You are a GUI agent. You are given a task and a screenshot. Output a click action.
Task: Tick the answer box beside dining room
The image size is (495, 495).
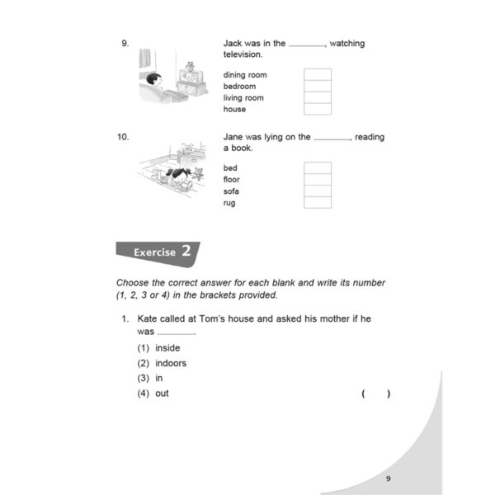coord(318,74)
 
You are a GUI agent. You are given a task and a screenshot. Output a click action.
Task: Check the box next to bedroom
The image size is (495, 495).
coord(318,86)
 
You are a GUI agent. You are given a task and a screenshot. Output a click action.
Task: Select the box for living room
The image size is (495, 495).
coord(318,97)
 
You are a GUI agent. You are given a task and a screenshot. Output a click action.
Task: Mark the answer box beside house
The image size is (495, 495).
coord(318,109)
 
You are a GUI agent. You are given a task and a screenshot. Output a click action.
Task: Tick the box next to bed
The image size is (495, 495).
coord(318,168)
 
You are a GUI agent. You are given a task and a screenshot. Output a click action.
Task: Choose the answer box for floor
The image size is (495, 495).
coord(318,180)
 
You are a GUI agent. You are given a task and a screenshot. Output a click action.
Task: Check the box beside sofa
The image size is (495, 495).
coord(318,191)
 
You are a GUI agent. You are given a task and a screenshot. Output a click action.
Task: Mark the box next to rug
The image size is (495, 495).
coord(318,203)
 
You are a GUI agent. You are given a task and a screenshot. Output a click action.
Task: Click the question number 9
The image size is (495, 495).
coord(124,44)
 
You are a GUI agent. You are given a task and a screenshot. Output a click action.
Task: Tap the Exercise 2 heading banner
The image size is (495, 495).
coord(156,252)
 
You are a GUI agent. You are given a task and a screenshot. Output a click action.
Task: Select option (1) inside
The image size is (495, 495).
coord(158,348)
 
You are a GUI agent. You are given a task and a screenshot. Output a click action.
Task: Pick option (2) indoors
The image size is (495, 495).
coord(162,363)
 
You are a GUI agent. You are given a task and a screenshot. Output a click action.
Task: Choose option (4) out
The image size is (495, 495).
coord(153,394)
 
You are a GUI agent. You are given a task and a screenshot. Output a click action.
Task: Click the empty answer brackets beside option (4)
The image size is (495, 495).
coord(376,394)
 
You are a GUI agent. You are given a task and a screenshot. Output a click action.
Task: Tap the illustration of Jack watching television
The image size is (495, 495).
coord(172,79)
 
